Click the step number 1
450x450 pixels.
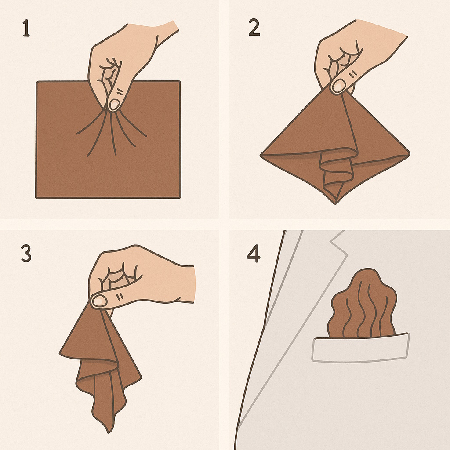coord(26,28)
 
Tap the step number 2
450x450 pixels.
coord(254,27)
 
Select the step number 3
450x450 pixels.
coord(26,254)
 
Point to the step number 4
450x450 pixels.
coord(254,254)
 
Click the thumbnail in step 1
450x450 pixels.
coord(114,105)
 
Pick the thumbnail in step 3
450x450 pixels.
coord(99,301)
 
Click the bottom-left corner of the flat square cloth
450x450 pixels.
coord(36,197)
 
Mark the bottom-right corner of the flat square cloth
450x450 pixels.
coord(180,197)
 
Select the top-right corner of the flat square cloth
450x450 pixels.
coord(179,82)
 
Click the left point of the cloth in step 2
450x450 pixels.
coord(261,155)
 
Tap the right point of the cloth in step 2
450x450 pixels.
coord(409,154)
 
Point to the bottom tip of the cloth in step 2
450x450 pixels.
coord(335,203)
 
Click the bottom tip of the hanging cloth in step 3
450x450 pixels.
coord(109,432)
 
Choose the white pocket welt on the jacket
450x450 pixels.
coord(360,348)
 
